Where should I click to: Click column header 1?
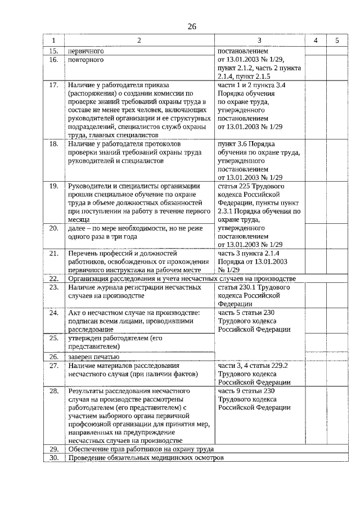pyautogui.click(x=54, y=41)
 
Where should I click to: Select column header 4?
pyautogui.click(x=316, y=41)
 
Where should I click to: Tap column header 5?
pyautogui.click(x=336, y=41)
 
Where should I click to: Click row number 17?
pyautogui.click(x=54, y=85)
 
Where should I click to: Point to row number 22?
pyautogui.click(x=54, y=278)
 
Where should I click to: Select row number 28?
pyautogui.click(x=54, y=390)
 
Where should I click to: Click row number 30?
pyautogui.click(x=54, y=458)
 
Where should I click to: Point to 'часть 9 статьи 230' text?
pyautogui.click(x=246, y=390)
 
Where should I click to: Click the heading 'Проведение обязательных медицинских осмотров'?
pyautogui.click(x=145, y=458)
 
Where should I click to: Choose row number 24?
pyautogui.click(x=54, y=312)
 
